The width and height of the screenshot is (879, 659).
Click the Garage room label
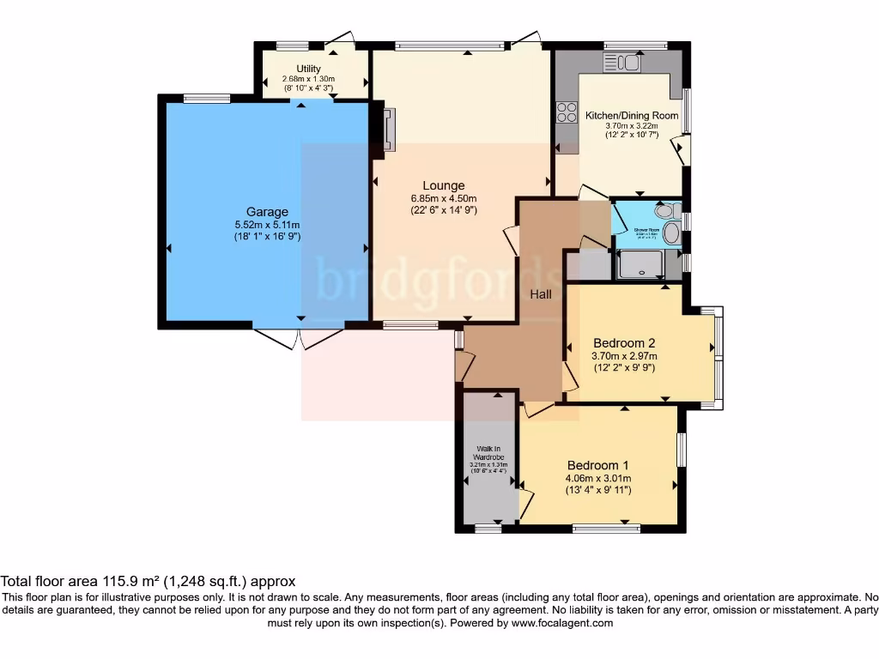pyautogui.click(x=267, y=212)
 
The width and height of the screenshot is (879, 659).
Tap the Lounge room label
pyautogui.click(x=443, y=185)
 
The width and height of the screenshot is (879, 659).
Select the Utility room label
pyautogui.click(x=308, y=69)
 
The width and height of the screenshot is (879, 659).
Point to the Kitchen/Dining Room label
pyautogui.click(x=631, y=115)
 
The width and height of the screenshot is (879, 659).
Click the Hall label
pyautogui.click(x=540, y=294)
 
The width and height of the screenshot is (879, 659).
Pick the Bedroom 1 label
pyautogui.click(x=598, y=465)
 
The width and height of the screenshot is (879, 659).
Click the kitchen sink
pyautogui.click(x=622, y=62)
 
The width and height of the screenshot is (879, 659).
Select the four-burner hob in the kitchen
pyautogui.click(x=567, y=112)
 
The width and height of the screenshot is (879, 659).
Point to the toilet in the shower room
pyautogui.click(x=665, y=211)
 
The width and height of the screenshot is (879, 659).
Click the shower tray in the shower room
pyautogui.click(x=640, y=264)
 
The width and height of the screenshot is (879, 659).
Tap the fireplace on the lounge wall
pyautogui.click(x=389, y=130)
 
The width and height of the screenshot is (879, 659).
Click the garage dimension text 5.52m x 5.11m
pyautogui.click(x=267, y=225)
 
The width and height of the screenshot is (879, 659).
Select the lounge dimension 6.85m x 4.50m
pyautogui.click(x=443, y=198)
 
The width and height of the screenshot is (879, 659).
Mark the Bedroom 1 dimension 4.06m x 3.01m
pyautogui.click(x=598, y=479)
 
